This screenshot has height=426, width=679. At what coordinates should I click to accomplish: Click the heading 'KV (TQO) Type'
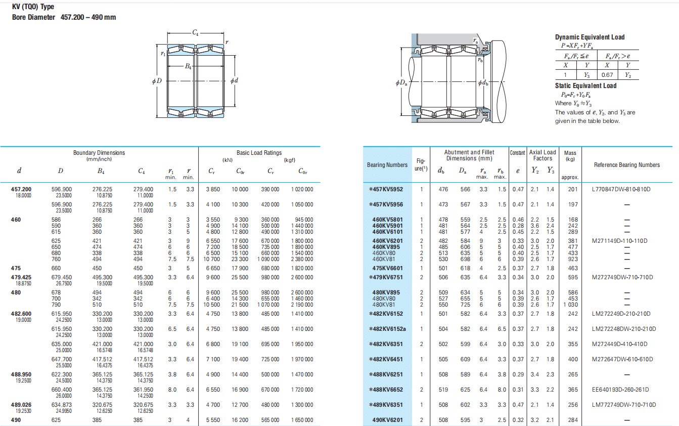point(33,7)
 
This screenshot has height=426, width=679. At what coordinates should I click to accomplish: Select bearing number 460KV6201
point(387,241)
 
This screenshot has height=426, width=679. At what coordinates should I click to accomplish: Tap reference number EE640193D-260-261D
point(620,390)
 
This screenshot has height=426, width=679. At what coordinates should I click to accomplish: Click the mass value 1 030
point(570,305)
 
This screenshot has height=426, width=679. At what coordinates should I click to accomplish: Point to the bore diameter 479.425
point(21,277)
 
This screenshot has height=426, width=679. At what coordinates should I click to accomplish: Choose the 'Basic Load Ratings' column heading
point(259,153)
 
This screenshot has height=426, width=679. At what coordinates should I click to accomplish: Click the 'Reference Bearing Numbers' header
point(627,165)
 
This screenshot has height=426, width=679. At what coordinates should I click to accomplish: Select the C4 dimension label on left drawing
point(195,32)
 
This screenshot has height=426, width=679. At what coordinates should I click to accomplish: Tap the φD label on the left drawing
point(157,81)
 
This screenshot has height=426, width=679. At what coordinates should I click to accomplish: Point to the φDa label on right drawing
point(401,82)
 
